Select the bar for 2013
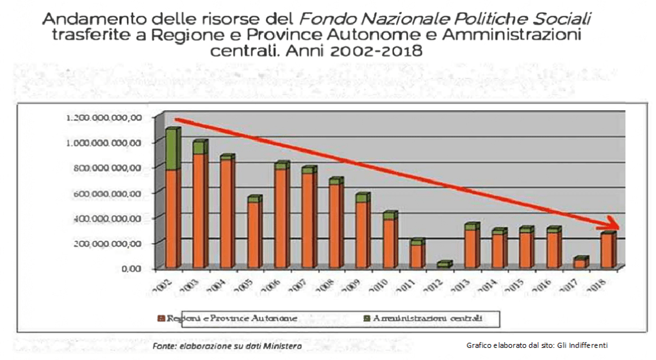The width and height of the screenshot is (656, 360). pos(471,247)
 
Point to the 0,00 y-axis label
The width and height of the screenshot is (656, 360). pos(131,268)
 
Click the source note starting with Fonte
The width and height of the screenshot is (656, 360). pos(227,347)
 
